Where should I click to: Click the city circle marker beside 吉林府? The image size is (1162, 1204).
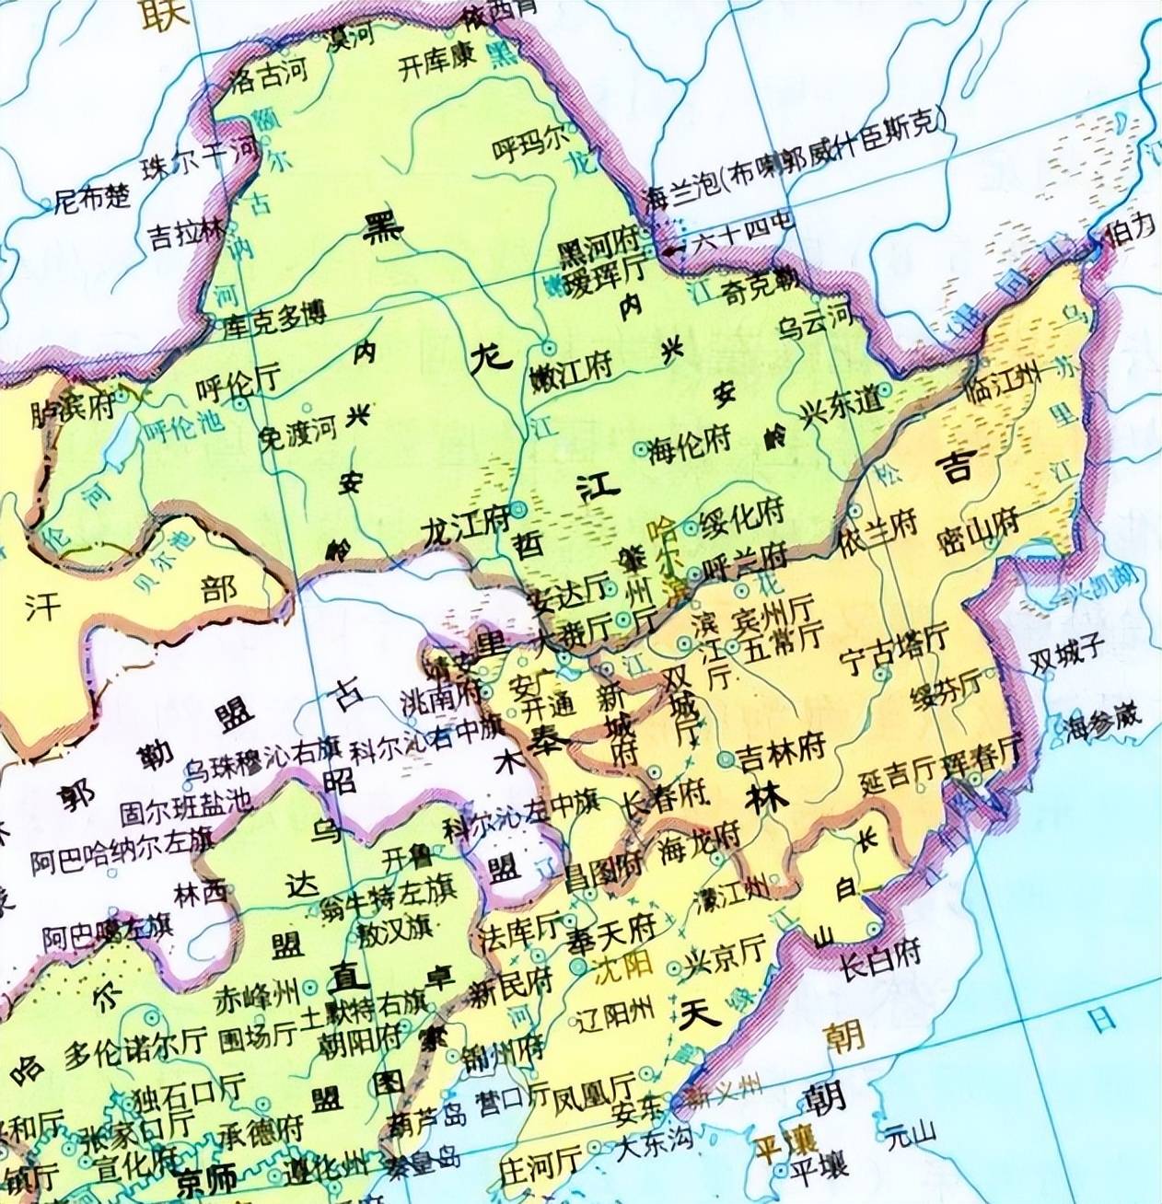726,759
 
